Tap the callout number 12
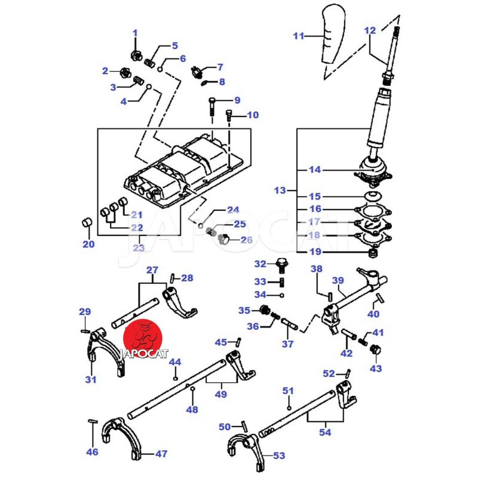coord(370,30)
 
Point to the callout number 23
coord(139,247)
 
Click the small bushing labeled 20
coord(87,225)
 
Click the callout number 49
coord(220,394)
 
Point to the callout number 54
coord(325,431)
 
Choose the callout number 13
coord(280,191)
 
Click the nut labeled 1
coord(135,56)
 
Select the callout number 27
coord(152,270)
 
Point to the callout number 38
coord(317,269)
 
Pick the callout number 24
coord(232,210)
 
